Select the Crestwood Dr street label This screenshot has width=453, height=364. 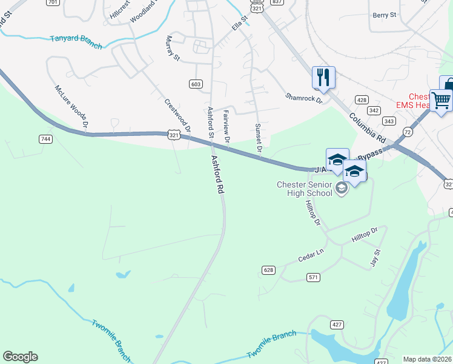178,114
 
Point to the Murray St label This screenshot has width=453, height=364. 173,48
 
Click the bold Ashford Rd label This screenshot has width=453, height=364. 217,174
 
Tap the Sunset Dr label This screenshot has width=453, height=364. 258,138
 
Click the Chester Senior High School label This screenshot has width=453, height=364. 305,188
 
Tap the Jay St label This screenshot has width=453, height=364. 376,257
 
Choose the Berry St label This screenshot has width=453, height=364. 384,15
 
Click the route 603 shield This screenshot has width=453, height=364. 195,84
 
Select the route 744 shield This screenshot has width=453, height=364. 45,139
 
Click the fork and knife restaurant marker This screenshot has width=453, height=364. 323,78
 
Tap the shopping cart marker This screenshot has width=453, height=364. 440,99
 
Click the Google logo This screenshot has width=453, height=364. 20,357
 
